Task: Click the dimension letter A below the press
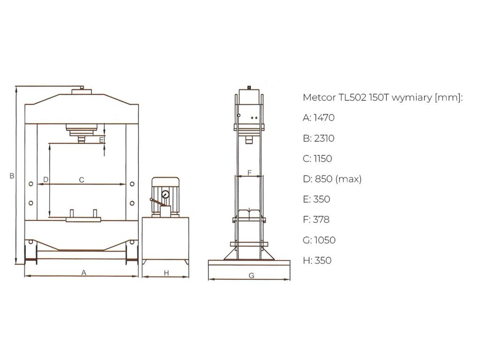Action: [83, 272]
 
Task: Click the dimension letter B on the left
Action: [12, 176]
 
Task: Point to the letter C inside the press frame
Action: [82, 180]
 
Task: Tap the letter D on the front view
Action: [45, 180]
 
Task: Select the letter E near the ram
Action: [101, 140]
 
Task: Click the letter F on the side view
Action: [249, 173]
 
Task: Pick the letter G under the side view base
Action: [251, 276]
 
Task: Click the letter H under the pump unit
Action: [166, 273]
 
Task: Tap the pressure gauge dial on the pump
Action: [165, 195]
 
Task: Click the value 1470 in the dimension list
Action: [324, 118]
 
